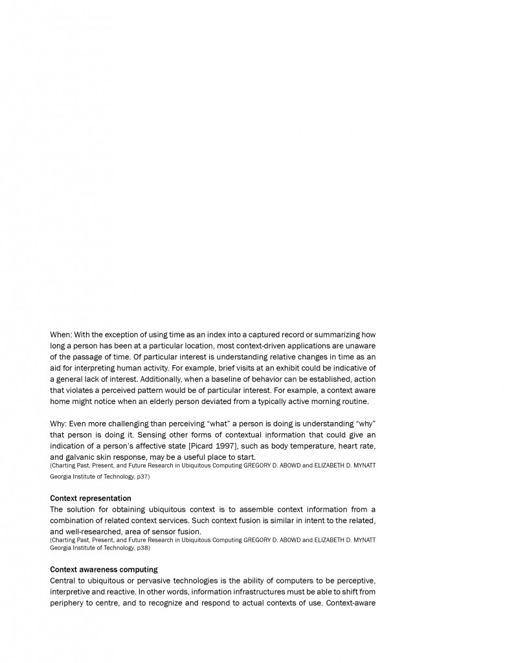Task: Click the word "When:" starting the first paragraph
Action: point(61,335)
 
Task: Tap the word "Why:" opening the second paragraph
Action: point(58,423)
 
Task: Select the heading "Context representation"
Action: point(91,499)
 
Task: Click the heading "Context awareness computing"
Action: point(104,570)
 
